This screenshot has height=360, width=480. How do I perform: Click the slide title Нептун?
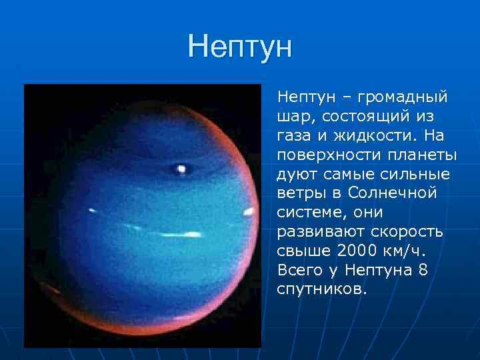(240, 47)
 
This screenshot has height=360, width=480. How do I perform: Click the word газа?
(295, 136)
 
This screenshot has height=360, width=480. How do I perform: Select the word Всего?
(298, 271)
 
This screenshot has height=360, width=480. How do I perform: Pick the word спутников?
(321, 291)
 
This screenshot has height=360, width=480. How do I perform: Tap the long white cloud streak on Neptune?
(177, 235)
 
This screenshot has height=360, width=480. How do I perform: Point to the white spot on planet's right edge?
(248, 213)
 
